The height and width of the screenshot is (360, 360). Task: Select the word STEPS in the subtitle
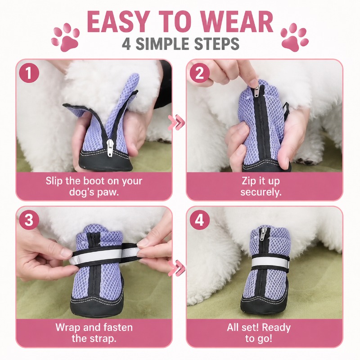pyautogui.click(x=217, y=44)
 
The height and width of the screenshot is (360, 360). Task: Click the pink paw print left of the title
pyautogui.click(x=65, y=37)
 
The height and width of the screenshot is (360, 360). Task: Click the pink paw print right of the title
pyautogui.click(x=295, y=37)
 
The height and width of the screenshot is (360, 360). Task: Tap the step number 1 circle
pyautogui.click(x=29, y=73)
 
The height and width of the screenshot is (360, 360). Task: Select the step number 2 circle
pyautogui.click(x=199, y=73)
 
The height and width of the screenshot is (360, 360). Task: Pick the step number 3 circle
pyautogui.click(x=29, y=220)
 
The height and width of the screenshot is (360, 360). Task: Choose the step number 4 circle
pyautogui.click(x=199, y=220)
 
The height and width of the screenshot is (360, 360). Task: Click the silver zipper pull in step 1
pyautogui.click(x=109, y=148)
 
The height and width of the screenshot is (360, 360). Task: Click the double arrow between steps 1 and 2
pyautogui.click(x=176, y=122)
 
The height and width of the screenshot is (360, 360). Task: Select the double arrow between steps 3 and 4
pyautogui.click(x=176, y=268)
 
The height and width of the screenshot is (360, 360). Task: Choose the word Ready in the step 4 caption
pyautogui.click(x=276, y=328)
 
